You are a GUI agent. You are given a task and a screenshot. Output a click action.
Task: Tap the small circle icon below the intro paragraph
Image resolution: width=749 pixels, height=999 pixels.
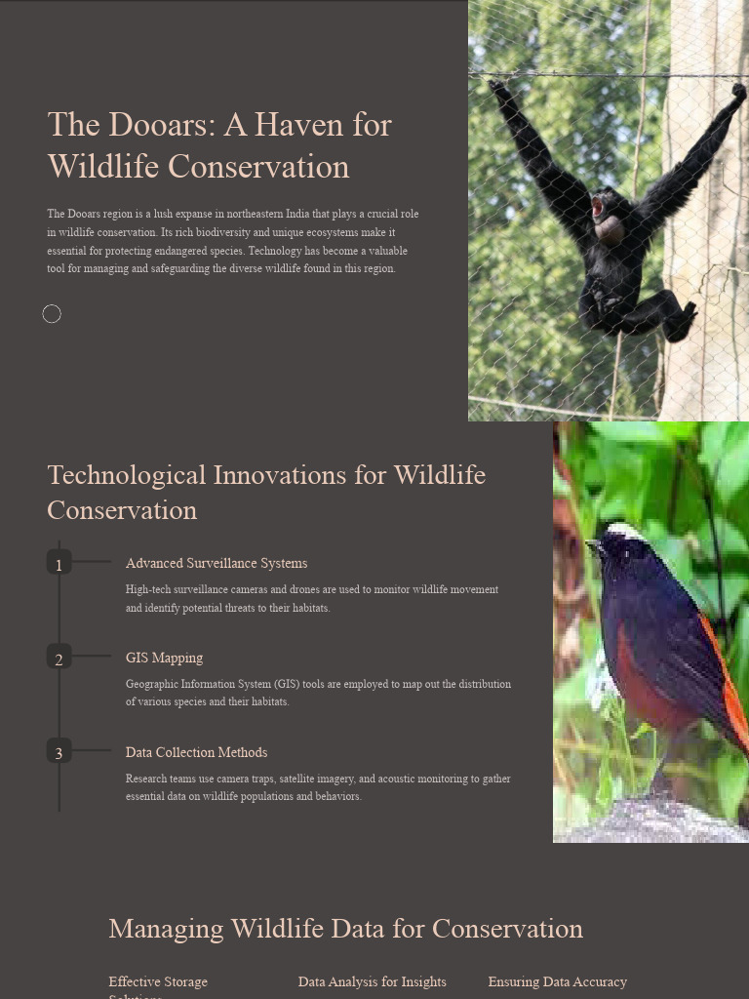click(52, 313)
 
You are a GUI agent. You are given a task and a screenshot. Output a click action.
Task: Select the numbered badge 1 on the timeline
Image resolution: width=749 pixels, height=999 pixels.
click(59, 564)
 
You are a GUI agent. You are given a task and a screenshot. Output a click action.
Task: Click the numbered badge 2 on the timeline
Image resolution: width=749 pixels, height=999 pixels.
click(59, 659)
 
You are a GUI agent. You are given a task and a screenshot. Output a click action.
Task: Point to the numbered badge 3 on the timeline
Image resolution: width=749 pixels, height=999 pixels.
click(59, 752)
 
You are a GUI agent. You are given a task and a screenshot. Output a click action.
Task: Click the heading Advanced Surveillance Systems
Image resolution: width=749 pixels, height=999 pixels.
click(216, 563)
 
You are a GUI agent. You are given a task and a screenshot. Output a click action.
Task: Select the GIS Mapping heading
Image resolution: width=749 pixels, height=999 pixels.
click(164, 658)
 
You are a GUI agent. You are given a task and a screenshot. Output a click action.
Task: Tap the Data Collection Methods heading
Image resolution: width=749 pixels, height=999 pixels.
click(196, 752)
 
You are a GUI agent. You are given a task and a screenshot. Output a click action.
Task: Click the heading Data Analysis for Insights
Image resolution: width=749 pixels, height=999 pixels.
click(372, 981)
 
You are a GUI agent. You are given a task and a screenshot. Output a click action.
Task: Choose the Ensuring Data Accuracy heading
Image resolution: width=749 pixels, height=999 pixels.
click(557, 981)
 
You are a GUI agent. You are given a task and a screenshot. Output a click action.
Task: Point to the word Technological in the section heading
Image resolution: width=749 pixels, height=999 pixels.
click(127, 475)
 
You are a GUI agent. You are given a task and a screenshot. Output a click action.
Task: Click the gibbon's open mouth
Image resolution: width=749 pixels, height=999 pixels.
click(597, 207)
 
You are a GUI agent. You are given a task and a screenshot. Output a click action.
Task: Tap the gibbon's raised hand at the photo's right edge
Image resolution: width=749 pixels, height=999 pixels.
click(737, 93)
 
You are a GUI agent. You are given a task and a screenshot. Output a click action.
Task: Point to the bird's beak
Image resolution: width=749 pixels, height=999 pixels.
click(592, 545)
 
